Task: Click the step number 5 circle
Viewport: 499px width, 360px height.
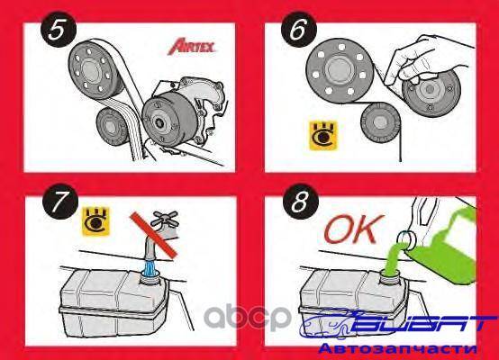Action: [x=59, y=30]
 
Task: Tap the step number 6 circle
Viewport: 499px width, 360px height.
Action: [x=299, y=30]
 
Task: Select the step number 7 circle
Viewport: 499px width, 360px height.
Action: [x=60, y=202]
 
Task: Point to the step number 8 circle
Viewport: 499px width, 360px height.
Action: [x=301, y=202]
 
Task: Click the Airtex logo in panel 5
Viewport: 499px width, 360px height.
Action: [x=192, y=46]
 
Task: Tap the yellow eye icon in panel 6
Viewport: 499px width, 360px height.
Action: [x=323, y=135]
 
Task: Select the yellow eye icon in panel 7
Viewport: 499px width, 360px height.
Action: [x=95, y=221]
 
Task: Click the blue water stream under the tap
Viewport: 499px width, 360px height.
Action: [x=150, y=268]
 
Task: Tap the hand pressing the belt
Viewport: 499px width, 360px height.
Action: [x=426, y=62]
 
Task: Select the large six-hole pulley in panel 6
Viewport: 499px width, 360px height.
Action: [x=340, y=68]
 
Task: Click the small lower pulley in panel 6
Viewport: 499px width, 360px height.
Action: [x=381, y=122]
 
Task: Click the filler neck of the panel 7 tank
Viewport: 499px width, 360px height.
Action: [x=149, y=277]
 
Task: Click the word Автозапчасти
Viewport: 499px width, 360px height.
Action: [x=398, y=349]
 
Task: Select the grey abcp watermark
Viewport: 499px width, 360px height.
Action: [x=248, y=316]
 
